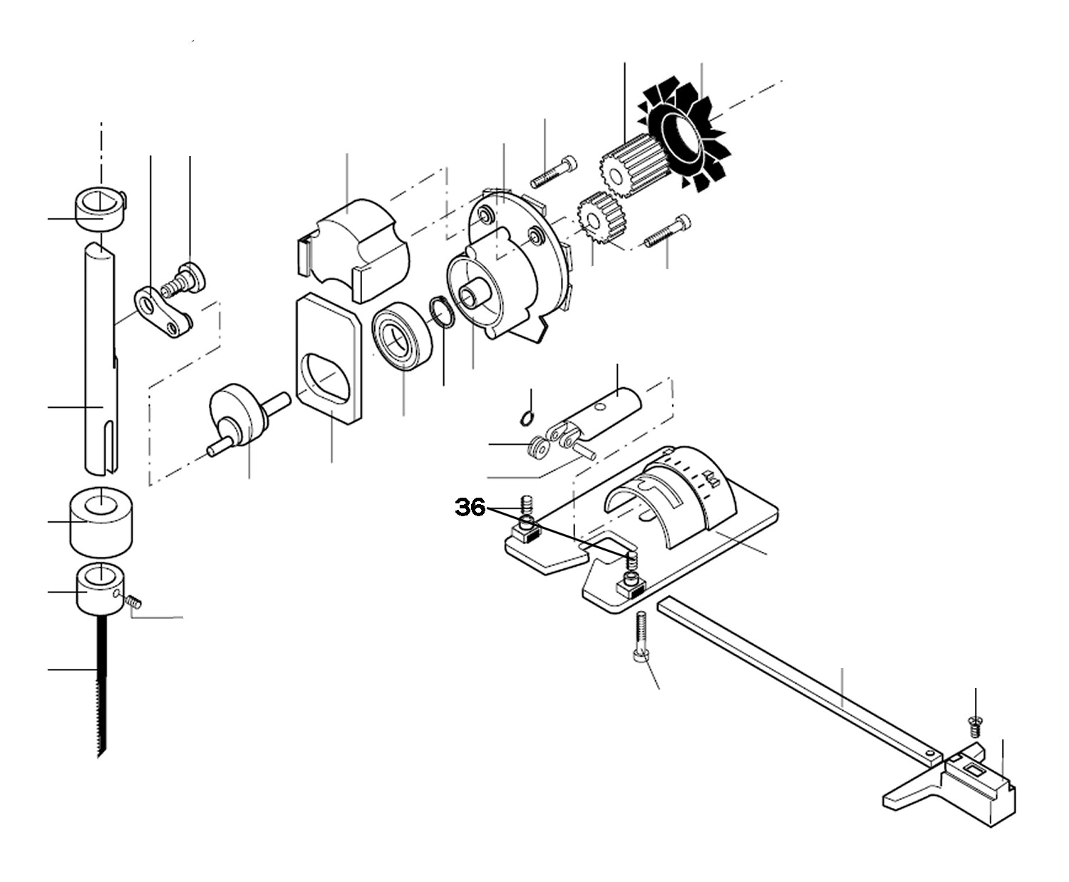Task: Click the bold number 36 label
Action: click(x=470, y=508)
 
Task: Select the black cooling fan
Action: click(x=682, y=135)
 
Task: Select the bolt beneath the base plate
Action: click(x=640, y=639)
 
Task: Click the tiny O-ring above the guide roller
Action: click(x=526, y=418)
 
